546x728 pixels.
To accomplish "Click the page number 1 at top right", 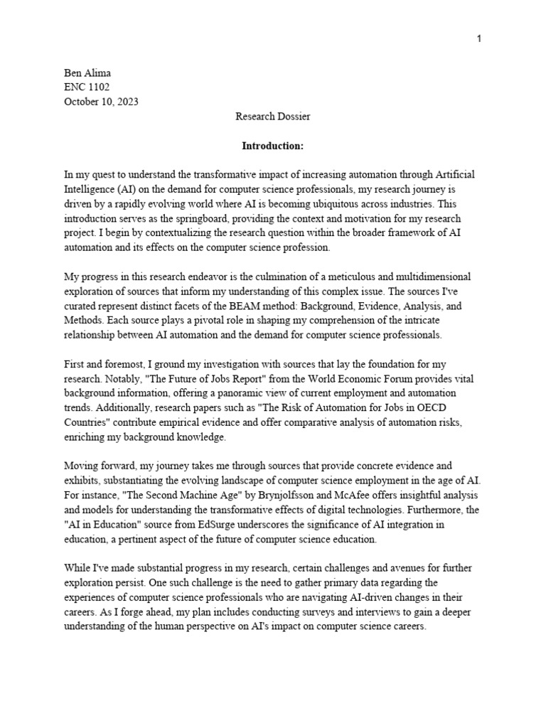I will click(479, 38).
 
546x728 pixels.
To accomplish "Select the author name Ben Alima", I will click(87, 73).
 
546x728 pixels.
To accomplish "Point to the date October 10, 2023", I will click(101, 101).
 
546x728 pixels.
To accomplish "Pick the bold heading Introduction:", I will click(272, 146).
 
